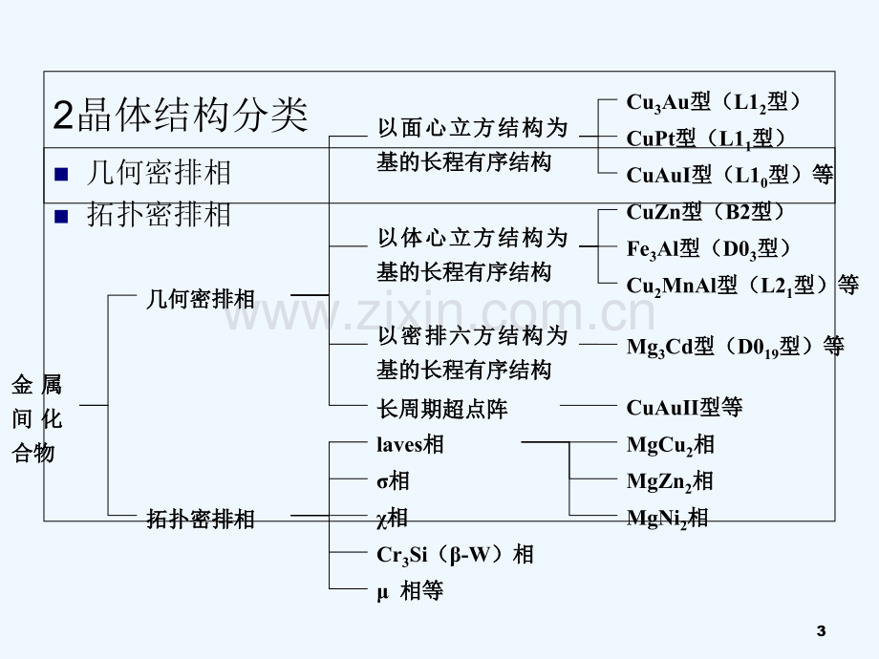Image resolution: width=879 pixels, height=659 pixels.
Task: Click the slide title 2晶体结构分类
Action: point(181,115)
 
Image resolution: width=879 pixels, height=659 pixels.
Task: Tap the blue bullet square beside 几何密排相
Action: point(61,174)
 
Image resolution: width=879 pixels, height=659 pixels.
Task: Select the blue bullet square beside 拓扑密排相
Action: point(61,216)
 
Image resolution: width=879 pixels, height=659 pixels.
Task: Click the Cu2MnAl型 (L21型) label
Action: point(742,286)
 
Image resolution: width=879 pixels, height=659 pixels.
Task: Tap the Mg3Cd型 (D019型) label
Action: point(735,347)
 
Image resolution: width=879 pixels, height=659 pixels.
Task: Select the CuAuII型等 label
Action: point(684,408)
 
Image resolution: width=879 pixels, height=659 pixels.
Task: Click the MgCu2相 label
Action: point(671,445)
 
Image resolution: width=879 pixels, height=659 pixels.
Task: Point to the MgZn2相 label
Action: point(670,481)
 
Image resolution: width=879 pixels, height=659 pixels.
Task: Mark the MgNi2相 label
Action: point(667,518)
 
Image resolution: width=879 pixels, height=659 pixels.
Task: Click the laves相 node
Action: point(410,444)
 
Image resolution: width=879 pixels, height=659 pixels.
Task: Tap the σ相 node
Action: point(393,480)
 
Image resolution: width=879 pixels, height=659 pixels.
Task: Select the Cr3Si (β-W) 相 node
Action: point(455,555)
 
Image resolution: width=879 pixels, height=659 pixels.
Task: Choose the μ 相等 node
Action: point(410,590)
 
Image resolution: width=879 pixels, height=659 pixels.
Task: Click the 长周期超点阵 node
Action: point(442,409)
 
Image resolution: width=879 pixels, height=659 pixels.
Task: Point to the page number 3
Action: point(822,631)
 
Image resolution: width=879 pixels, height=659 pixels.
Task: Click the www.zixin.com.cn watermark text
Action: point(439,312)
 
